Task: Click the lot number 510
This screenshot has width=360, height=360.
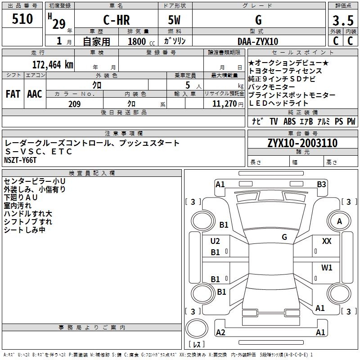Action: (22, 19)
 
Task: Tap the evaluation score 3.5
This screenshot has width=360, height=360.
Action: (343, 21)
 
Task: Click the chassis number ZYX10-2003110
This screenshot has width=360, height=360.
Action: (302, 143)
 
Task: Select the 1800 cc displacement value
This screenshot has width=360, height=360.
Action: (138, 41)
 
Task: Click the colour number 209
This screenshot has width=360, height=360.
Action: (74, 104)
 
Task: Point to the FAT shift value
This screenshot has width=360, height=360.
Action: (13, 94)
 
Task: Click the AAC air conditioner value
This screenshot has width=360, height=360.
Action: (34, 94)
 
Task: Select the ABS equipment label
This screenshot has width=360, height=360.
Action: (289, 121)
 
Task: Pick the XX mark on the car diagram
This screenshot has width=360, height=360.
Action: (327, 242)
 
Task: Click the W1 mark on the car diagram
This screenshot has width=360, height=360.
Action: (327, 268)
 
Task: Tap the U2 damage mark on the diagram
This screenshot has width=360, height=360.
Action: (215, 241)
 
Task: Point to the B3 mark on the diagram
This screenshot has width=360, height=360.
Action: (321, 184)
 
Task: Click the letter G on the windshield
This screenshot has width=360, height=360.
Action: (284, 237)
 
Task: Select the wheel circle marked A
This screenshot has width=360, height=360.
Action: (339, 221)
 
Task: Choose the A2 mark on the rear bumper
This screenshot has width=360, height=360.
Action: (220, 333)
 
